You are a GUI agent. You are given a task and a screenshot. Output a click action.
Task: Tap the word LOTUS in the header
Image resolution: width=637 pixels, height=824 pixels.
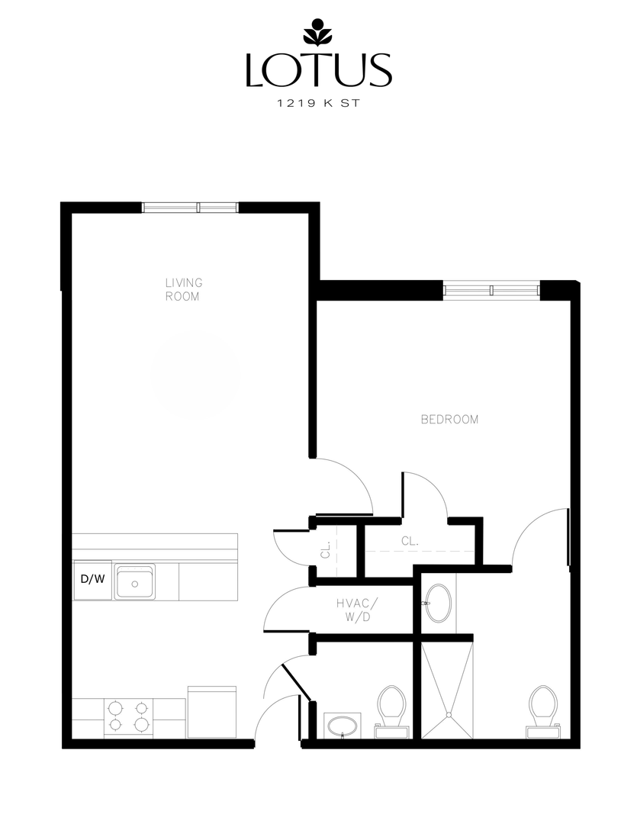[318, 69]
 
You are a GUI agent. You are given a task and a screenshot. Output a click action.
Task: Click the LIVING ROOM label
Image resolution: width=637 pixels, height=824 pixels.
[183, 289]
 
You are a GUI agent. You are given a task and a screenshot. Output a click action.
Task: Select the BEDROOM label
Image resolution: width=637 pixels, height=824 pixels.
[450, 419]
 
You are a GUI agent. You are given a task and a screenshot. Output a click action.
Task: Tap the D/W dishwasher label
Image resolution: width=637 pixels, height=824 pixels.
[92, 579]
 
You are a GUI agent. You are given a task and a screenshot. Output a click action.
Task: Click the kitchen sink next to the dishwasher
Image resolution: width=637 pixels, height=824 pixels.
[135, 582]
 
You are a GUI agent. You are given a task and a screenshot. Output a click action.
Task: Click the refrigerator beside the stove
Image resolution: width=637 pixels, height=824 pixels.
[211, 711]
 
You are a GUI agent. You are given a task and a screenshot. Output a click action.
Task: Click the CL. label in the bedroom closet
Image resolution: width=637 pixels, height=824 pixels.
[410, 541]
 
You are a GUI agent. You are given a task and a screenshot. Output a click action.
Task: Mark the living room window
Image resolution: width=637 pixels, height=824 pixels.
[191, 207]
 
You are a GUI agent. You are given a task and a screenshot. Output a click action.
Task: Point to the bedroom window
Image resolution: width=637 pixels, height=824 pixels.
[492, 290]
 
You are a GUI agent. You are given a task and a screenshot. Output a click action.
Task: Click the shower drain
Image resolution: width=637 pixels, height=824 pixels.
[449, 715]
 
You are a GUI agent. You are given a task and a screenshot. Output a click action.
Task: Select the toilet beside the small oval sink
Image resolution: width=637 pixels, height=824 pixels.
[392, 710]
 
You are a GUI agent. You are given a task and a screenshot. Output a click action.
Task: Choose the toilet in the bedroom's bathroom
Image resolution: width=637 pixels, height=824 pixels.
[542, 710]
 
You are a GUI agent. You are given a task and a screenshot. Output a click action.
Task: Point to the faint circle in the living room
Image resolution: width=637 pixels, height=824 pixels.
[195, 375]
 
